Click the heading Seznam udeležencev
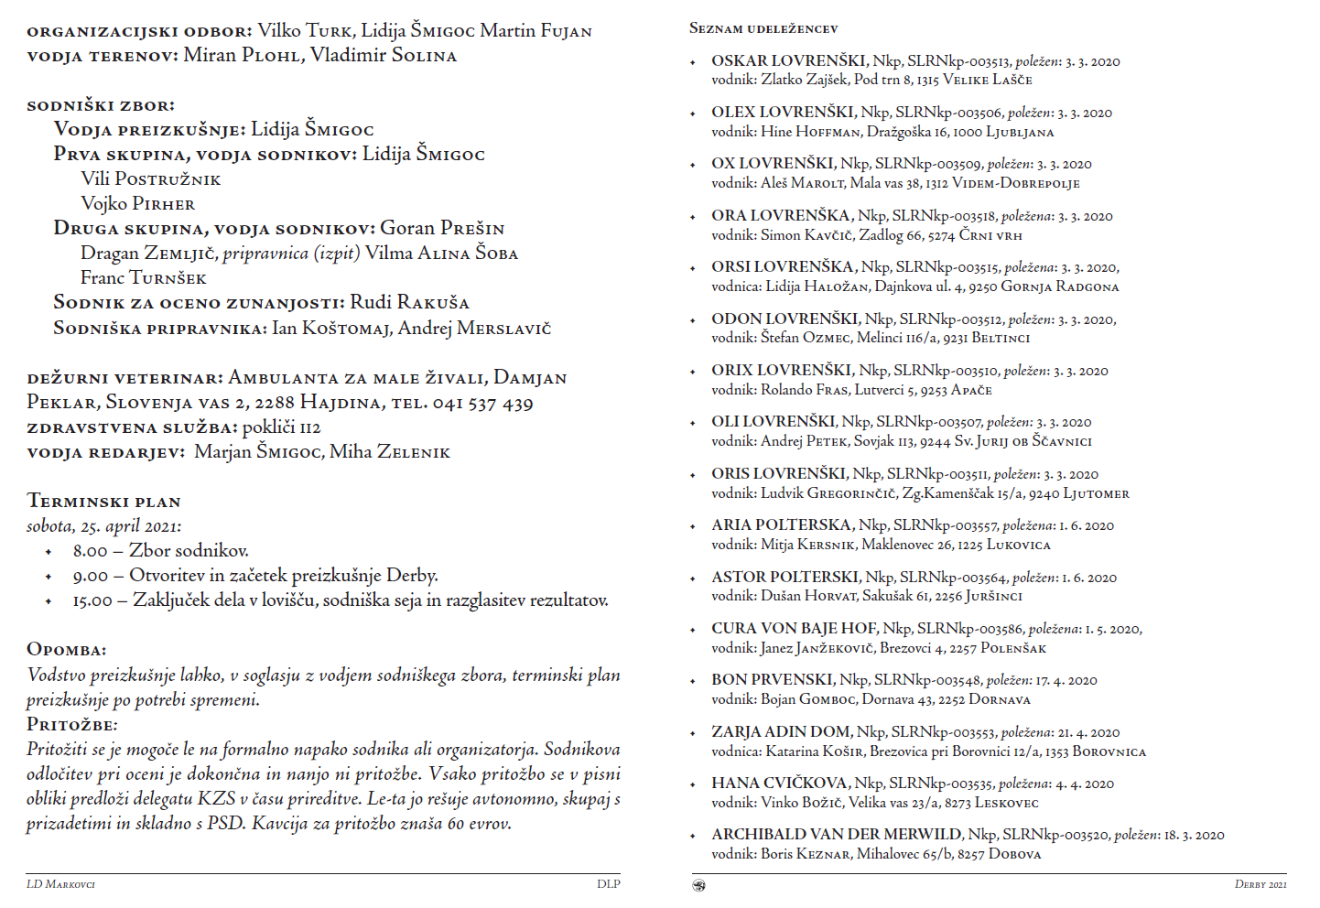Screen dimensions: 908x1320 click(763, 28)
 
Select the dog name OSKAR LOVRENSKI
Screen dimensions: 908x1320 click(789, 61)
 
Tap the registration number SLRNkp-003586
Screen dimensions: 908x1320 click(970, 629)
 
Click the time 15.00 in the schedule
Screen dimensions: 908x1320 click(92, 601)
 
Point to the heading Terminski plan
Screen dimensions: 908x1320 click(103, 501)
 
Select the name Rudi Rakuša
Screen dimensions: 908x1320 click(409, 303)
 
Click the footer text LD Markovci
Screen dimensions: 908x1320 click(60, 884)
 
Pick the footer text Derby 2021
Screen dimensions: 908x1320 click(1260, 884)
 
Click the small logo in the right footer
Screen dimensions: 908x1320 click(699, 885)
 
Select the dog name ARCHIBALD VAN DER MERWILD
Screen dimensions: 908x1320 click(837, 835)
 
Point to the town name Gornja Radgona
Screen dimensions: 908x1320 click(1060, 286)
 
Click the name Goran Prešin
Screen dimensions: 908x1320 click(442, 228)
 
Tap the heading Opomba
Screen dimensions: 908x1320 click(66, 650)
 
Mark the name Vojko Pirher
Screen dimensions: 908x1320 click(137, 203)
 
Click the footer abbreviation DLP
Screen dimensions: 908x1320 click(608, 884)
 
